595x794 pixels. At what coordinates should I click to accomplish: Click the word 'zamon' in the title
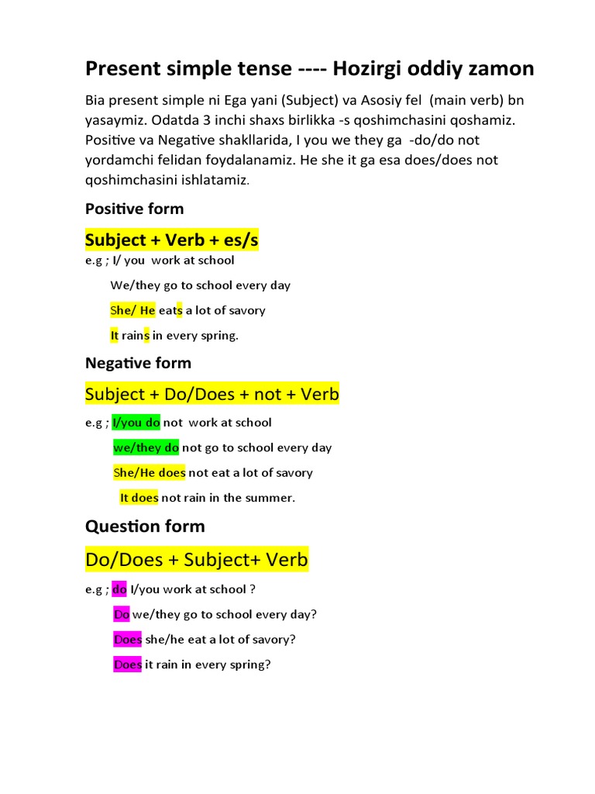coord(500,69)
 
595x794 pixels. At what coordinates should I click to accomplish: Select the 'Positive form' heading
coord(134,208)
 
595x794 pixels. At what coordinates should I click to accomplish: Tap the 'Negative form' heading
coord(138,362)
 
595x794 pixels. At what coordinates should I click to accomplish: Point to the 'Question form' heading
coord(145,526)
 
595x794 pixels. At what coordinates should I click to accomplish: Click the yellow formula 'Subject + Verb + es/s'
coord(172,240)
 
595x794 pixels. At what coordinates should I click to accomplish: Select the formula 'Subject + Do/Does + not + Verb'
coord(212,394)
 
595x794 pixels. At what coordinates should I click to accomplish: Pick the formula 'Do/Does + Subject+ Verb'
coord(197,559)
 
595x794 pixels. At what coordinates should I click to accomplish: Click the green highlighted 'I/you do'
coord(136,423)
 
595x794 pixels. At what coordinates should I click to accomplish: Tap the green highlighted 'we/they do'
coord(146,447)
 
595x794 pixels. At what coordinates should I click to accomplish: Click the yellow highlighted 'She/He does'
coord(150,472)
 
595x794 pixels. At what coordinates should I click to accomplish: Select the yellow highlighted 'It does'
coord(139,498)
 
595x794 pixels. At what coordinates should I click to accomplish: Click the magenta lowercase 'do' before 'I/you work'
coord(119,589)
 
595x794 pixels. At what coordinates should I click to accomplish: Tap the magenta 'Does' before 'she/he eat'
coord(128,640)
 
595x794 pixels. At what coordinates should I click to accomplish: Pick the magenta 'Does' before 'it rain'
coord(128,665)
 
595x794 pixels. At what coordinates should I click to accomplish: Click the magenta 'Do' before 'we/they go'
coord(122,614)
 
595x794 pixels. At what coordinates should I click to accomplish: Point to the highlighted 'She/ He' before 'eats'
coord(133,310)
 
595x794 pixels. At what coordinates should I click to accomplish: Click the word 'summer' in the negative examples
coord(268,498)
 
